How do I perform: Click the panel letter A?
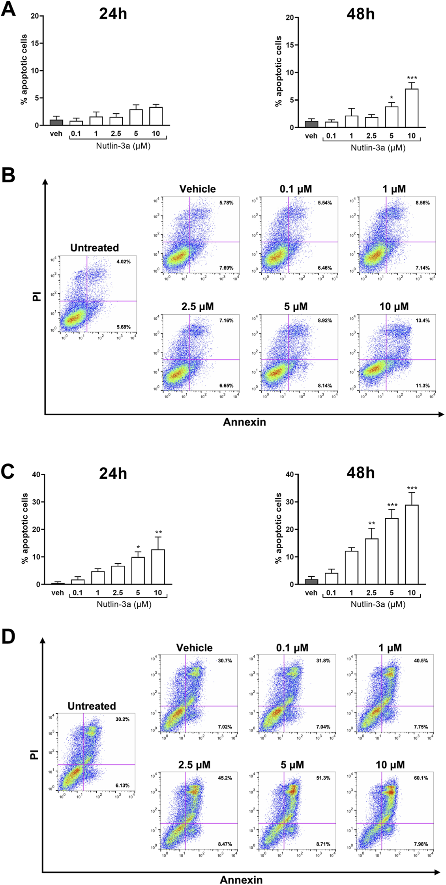(x=8, y=8)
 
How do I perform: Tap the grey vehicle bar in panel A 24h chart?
(x=56, y=122)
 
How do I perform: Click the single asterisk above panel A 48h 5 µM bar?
(x=391, y=98)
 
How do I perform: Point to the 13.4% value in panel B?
(x=422, y=321)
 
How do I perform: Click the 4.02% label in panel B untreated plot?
(x=123, y=262)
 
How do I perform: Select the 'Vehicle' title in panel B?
(x=197, y=189)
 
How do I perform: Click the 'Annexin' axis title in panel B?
(x=244, y=422)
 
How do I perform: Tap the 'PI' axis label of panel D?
(x=35, y=755)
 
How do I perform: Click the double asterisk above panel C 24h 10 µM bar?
(x=159, y=532)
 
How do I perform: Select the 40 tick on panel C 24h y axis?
(x=36, y=474)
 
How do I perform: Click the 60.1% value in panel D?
(x=421, y=778)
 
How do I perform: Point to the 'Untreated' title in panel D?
(x=92, y=706)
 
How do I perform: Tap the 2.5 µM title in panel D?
(x=194, y=765)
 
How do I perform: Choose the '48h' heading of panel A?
(x=360, y=14)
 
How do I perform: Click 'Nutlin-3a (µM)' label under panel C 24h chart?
(x=124, y=604)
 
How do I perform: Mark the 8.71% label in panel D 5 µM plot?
(x=323, y=844)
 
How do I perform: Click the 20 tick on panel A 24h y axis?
(x=35, y=16)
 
